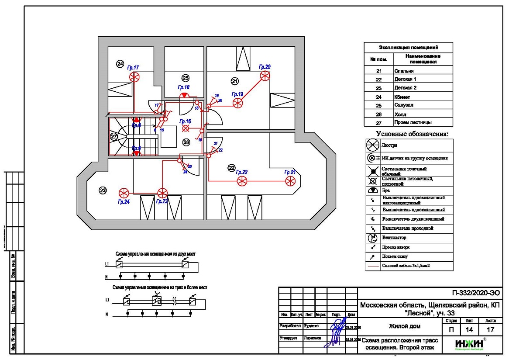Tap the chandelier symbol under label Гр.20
[x=265, y=76]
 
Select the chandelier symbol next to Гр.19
[x=237, y=103]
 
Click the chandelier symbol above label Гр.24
[x=124, y=193]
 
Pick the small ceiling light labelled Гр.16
[x=186, y=128]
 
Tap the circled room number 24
[x=120, y=64]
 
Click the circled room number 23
[x=103, y=190]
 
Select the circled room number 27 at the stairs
[x=114, y=137]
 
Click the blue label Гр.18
[x=184, y=87]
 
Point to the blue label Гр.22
[x=242, y=172]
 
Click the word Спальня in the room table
[x=404, y=71]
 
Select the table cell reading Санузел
[x=404, y=105]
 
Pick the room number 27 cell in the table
[x=378, y=123]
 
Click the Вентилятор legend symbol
[x=373, y=238]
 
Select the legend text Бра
[x=386, y=191]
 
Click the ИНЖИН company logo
[x=470, y=344]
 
